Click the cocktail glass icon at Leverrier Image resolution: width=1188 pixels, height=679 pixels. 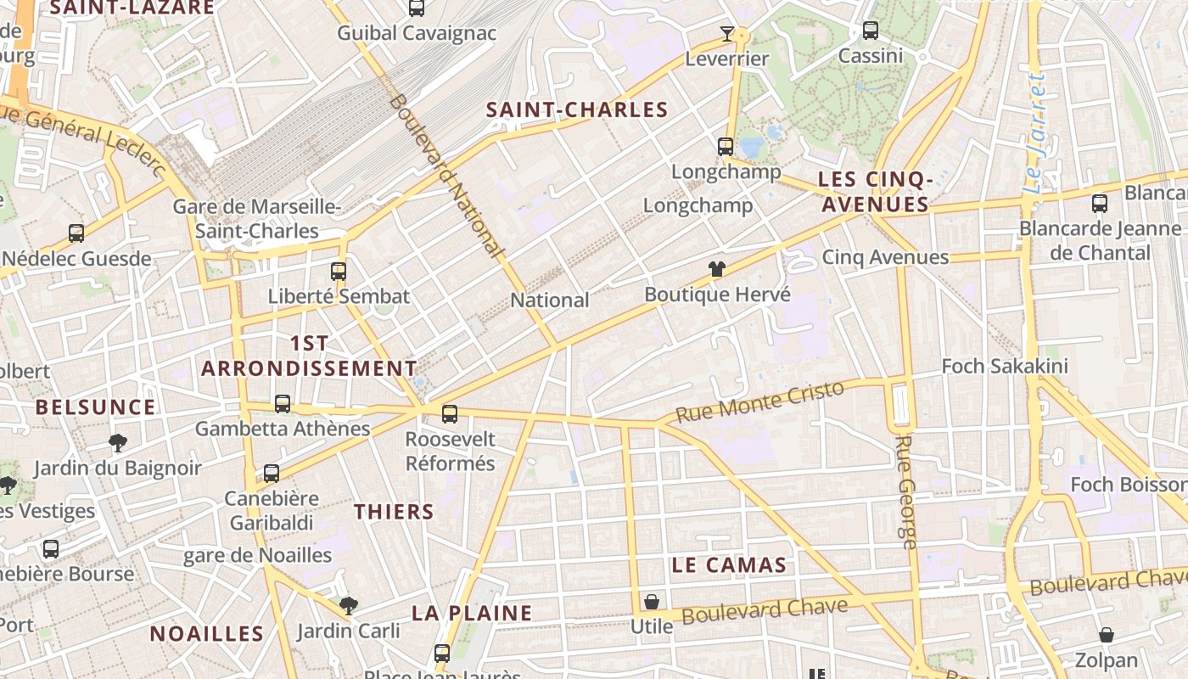click(726, 34)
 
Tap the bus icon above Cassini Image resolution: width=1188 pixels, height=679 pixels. click(870, 31)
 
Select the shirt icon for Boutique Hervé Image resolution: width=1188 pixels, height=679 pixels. click(717, 270)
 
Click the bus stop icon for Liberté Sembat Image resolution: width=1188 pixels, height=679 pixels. click(339, 272)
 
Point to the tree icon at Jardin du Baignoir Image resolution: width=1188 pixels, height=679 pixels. click(118, 442)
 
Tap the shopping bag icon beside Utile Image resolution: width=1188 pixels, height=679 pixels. click(651, 602)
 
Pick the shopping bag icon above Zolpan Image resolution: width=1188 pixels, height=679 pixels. click(1107, 635)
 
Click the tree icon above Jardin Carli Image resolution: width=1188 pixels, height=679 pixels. click(348, 606)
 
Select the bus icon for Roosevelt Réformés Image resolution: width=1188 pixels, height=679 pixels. click(450, 414)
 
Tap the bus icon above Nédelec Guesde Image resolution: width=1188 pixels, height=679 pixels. click(76, 233)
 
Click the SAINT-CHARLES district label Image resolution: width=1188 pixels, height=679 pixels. click(577, 109)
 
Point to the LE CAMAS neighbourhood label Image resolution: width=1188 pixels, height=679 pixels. click(729, 565)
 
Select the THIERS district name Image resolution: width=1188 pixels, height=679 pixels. click(394, 512)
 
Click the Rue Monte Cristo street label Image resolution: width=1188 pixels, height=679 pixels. click(760, 401)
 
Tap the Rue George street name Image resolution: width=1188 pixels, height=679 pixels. click(906, 492)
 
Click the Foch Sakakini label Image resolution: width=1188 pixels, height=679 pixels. click(1005, 367)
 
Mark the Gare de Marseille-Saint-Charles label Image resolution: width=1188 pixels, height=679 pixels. click(257, 219)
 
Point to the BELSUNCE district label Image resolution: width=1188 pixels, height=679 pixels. click(96, 407)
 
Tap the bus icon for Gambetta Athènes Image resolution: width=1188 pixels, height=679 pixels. click(283, 404)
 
